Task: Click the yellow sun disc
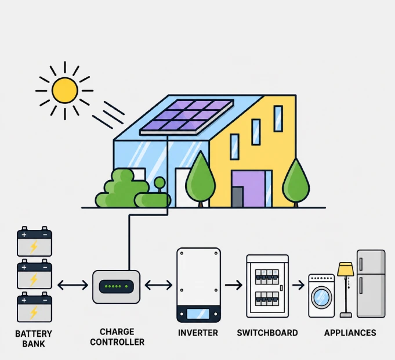tap(65, 91)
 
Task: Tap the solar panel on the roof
tap(187, 117)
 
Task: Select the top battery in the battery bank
tap(35, 242)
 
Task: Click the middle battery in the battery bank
tap(35, 274)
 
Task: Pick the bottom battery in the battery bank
tap(35, 307)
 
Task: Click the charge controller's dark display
tap(116, 286)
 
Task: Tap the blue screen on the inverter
tap(198, 314)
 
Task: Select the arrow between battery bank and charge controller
tap(73, 285)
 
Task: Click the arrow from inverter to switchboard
tap(234, 285)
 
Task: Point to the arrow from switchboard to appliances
tap(299, 285)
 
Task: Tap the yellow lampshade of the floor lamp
tap(346, 269)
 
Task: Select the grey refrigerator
tap(371, 283)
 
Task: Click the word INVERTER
tap(198, 333)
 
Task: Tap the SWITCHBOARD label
tap(267, 333)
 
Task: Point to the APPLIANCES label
tap(350, 333)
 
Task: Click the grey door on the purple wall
tap(237, 197)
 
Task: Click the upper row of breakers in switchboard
tap(267, 277)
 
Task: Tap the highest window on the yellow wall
tap(278, 118)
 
